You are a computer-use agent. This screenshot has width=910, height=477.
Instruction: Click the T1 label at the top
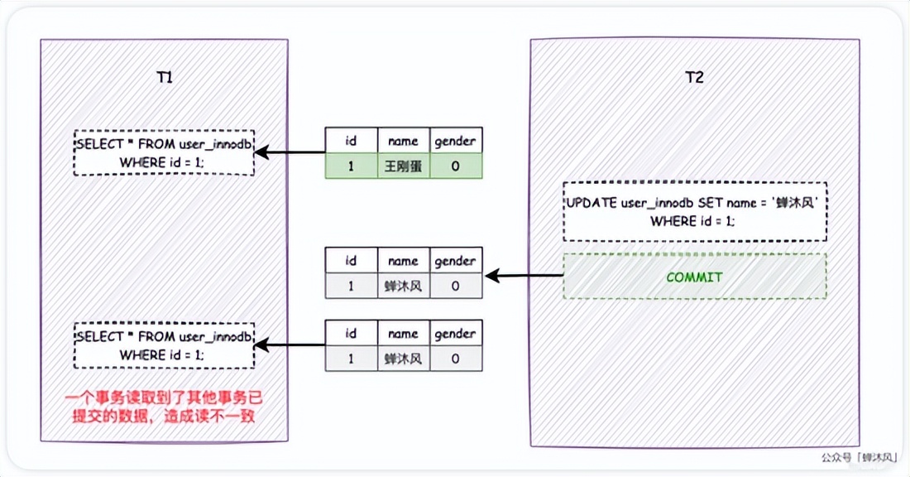tap(165, 77)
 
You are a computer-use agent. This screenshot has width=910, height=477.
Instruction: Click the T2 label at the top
tap(695, 77)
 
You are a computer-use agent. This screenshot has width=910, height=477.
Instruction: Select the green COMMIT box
tap(695, 277)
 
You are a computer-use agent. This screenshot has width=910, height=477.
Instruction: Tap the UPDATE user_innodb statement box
tap(695, 211)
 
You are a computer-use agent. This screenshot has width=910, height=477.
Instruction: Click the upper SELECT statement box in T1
tap(165, 153)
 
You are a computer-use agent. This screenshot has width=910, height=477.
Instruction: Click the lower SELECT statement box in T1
tap(165, 345)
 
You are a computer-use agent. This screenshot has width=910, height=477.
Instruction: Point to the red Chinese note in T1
tap(164, 407)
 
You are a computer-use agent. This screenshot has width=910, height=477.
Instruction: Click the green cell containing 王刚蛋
tap(404, 166)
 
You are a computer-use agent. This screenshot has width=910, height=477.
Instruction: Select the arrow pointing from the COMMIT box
tap(524, 276)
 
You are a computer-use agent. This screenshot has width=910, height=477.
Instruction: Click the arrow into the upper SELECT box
tap(290, 153)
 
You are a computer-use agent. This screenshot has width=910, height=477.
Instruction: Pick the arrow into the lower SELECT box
tap(290, 345)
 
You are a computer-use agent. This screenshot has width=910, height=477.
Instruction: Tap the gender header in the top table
tap(456, 141)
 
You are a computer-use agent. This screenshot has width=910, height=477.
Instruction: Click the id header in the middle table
tap(351, 260)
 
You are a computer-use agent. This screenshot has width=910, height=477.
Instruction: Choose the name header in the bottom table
tap(404, 333)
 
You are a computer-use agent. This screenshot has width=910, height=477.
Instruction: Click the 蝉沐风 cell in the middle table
tap(404, 286)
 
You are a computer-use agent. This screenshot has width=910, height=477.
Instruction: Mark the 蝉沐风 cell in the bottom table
tap(404, 359)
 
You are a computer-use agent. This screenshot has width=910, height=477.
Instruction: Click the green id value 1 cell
tap(351, 166)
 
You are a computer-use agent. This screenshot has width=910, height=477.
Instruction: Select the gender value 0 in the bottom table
tap(456, 359)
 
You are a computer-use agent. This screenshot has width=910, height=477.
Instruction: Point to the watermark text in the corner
tap(860, 458)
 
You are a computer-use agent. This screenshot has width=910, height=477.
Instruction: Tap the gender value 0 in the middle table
tap(456, 286)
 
